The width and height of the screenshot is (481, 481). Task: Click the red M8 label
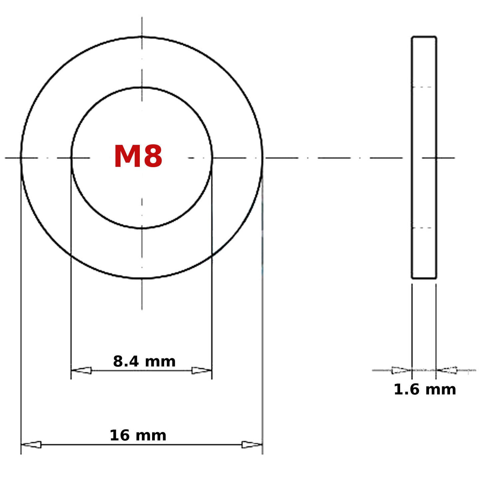pyautogui.click(x=138, y=156)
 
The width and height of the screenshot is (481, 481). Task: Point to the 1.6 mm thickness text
pyautogui.click(x=425, y=390)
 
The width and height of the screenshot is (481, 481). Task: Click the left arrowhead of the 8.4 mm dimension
pyautogui.click(x=81, y=370)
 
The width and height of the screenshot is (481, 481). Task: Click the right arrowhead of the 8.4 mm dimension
pyautogui.click(x=202, y=370)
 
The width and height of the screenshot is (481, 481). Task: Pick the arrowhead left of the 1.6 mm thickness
pyautogui.click(x=402, y=370)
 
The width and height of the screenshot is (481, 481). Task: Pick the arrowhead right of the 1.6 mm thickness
pyautogui.click(x=447, y=370)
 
